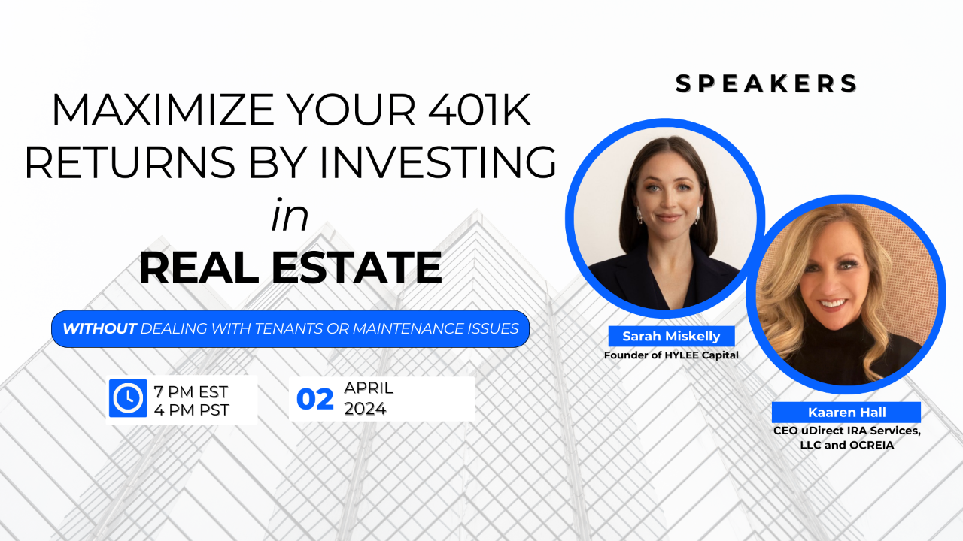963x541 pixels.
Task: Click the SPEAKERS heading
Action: [x=767, y=83]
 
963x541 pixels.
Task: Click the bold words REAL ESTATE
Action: [x=290, y=267]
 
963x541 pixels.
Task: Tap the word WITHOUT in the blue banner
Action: [x=99, y=329]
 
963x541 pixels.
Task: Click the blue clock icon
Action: [x=127, y=398]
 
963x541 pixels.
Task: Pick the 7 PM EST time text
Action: [x=190, y=391]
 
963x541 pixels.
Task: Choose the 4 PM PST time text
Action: [x=190, y=410]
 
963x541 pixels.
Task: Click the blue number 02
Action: [x=314, y=400]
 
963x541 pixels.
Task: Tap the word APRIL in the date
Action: [x=369, y=389]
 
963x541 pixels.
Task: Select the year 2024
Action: [x=365, y=410]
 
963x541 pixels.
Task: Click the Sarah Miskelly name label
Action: [x=671, y=336]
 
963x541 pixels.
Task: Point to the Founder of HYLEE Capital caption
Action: [x=671, y=355]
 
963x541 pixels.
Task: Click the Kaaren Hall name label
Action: [x=846, y=413]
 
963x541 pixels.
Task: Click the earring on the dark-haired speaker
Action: [x=639, y=215]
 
